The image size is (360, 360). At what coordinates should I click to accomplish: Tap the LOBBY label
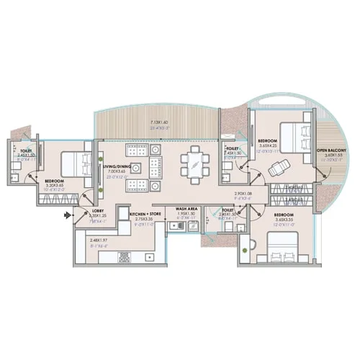point(97,210)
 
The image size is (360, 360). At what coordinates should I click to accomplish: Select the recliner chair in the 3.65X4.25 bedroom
point(277,168)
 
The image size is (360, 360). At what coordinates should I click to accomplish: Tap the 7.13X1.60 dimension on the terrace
point(161,122)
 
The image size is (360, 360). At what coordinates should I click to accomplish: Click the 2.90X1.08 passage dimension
point(244,194)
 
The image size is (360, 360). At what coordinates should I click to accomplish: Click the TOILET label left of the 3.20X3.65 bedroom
point(26,150)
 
